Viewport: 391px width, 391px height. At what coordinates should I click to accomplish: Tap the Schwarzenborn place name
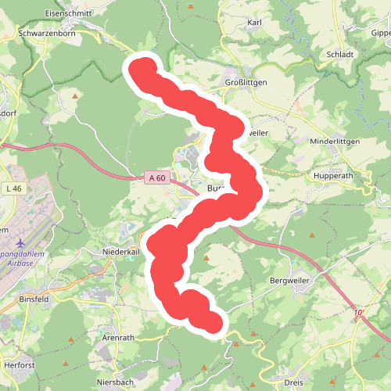45,34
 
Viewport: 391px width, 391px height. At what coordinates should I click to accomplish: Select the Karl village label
254,23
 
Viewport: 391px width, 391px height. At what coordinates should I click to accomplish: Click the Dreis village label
294,382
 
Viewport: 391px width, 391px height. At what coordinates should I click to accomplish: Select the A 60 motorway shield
156,178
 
